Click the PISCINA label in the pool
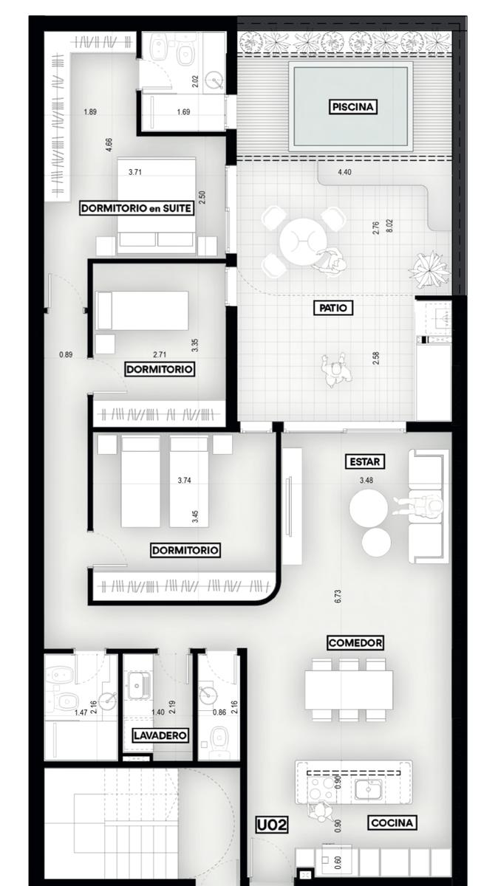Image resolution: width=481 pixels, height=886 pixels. point(352,107)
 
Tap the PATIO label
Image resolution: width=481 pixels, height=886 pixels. point(333,308)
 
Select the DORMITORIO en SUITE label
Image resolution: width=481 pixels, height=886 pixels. point(137,208)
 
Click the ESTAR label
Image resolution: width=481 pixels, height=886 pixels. point(364,461)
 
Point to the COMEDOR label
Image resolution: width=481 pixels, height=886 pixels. point(355,643)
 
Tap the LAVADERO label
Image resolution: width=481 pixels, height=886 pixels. point(160,735)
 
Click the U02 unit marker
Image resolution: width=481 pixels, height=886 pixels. point(272,825)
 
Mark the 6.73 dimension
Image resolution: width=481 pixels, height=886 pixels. point(338,596)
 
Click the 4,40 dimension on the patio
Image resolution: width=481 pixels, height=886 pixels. point(344,172)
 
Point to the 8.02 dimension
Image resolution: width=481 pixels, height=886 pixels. point(389,226)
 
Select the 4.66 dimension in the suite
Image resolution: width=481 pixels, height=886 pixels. point(109,145)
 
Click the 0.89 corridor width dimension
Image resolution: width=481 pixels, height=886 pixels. point(66,354)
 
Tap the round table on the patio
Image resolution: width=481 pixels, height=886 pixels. point(303,241)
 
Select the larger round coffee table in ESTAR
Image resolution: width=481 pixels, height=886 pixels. point(368,508)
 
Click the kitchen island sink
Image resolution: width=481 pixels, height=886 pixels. point(369,789)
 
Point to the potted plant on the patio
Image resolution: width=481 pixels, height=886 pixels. point(429,270)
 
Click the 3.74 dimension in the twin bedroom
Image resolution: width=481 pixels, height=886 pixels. point(184,480)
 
